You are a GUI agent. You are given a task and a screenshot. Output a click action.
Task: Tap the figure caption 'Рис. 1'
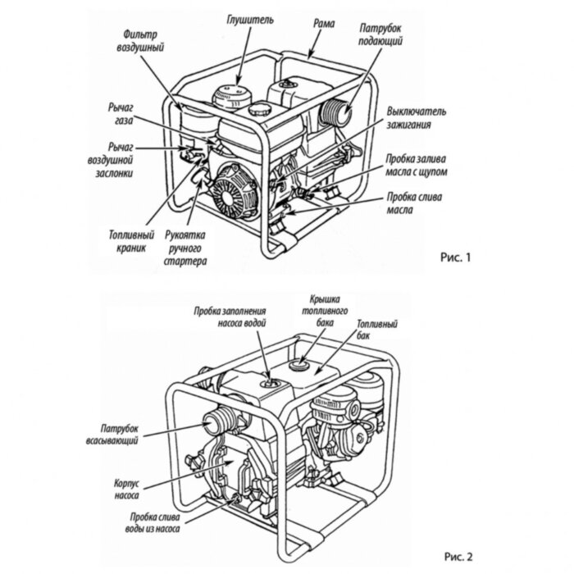click(x=458, y=257)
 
